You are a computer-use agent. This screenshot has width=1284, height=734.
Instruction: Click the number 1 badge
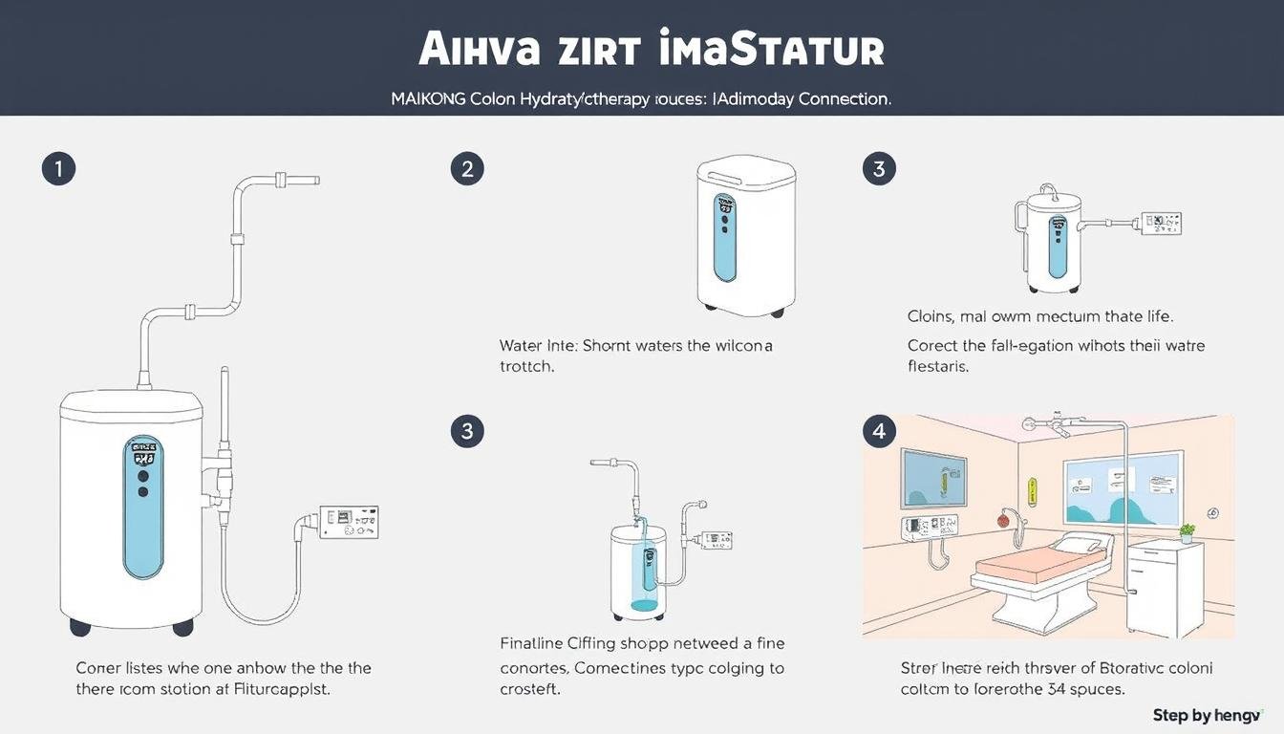(58, 170)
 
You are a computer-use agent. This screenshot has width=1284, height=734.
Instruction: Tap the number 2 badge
(467, 170)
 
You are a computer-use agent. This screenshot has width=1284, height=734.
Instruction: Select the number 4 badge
(879, 431)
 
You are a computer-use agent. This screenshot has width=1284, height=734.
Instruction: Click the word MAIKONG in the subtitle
(428, 98)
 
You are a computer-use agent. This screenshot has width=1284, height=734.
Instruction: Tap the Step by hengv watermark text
(1207, 715)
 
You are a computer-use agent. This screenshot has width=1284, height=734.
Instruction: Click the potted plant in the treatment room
(1187, 532)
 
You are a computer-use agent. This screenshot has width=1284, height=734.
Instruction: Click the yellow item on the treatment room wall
(1031, 492)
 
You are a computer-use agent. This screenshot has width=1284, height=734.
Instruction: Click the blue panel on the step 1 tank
(143, 507)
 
